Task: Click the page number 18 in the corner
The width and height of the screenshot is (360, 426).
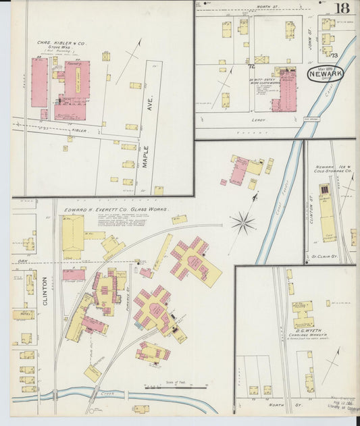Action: [343, 8]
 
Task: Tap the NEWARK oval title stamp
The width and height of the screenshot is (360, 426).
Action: [325, 74]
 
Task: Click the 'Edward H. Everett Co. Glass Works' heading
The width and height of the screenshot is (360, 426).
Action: [116, 210]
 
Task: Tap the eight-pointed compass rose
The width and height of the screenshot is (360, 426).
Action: [243, 221]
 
